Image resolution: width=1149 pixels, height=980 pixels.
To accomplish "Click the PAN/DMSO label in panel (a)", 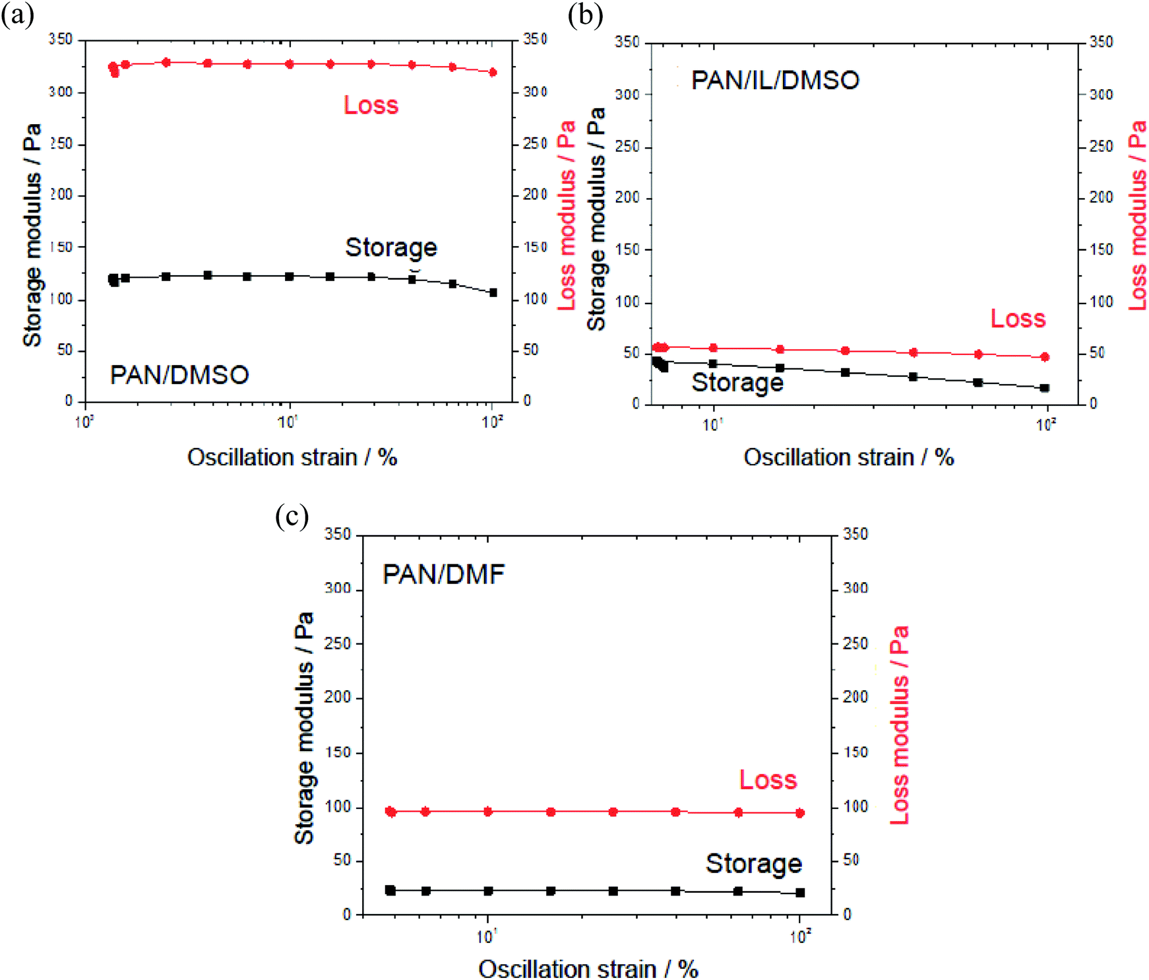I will [179, 375].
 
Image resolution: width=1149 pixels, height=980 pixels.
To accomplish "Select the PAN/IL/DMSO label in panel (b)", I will [775, 81].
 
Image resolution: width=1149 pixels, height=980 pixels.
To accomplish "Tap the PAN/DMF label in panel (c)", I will [443, 574].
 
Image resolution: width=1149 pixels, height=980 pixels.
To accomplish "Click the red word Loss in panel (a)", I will [371, 106].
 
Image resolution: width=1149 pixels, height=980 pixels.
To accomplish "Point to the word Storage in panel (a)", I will [391, 247].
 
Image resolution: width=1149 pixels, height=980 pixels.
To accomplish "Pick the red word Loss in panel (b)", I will [1018, 319].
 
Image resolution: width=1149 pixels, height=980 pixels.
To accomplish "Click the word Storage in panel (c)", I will [753, 863].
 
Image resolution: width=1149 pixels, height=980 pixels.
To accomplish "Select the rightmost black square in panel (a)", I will [493, 292].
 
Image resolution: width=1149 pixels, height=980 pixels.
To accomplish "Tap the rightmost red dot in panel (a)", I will [493, 73].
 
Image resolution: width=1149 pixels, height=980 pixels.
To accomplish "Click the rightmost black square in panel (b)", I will [1044, 388].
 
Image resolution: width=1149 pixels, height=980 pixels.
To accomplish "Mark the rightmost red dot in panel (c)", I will [800, 813].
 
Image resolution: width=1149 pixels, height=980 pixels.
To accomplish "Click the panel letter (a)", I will [17, 15].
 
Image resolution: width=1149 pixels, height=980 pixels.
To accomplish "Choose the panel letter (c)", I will [292, 516].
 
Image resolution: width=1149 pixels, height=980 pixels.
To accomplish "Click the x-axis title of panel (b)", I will [848, 457].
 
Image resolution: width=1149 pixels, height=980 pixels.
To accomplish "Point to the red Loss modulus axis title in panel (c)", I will [900, 725].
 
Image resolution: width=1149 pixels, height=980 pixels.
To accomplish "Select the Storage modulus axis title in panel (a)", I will [32, 234].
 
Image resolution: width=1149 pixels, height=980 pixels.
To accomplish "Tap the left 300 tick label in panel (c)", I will [338, 588].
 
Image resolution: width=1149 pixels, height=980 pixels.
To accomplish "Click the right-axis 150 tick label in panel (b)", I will [1101, 249].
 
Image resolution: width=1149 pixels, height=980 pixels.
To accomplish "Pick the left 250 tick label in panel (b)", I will [627, 146].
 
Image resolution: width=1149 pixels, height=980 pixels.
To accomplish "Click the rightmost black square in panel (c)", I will [800, 892].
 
